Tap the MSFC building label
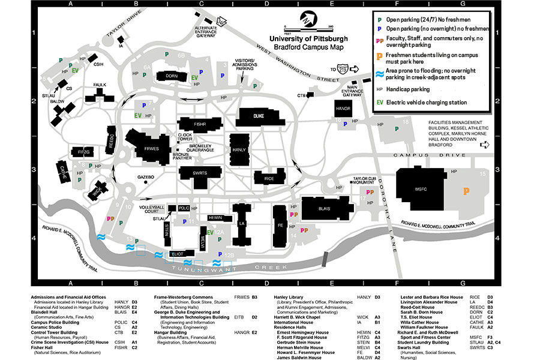[x=419, y=190]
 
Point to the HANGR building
[x=343, y=109]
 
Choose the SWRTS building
[x=200, y=173]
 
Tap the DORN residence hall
[x=172, y=76]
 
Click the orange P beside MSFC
[x=466, y=191]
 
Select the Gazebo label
[x=146, y=177]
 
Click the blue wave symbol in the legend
[x=379, y=75]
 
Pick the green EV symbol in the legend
[x=379, y=103]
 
